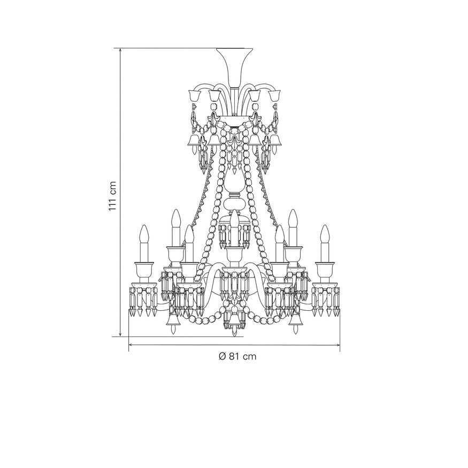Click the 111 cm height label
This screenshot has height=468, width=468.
(112, 196)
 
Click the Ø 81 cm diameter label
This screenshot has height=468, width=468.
(237, 356)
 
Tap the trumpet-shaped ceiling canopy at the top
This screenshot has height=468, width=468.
(234, 67)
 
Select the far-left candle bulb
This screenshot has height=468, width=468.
(145, 234)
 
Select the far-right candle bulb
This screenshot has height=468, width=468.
(325, 234)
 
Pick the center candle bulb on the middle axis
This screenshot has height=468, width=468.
(235, 219)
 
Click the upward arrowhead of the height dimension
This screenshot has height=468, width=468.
(120, 51)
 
